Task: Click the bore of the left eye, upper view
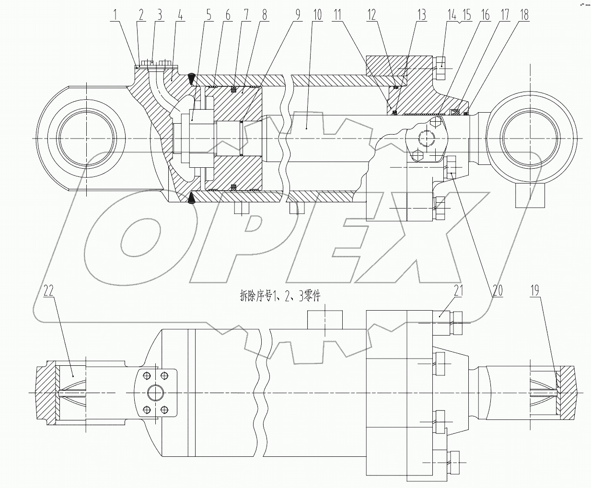tap(86, 138)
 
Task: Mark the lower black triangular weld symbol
tap(191, 198)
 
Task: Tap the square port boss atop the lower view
tap(325, 320)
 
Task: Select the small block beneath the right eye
tap(530, 195)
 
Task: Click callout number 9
tap(297, 15)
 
